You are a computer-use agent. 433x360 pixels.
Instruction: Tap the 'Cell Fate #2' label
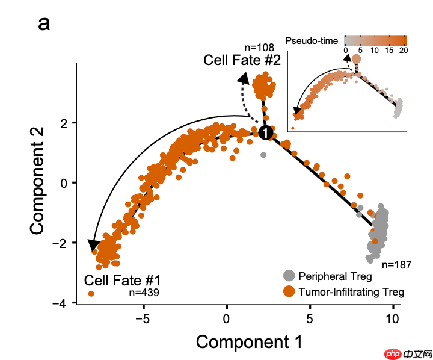tap(242, 60)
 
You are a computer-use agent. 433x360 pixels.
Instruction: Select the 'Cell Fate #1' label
tap(122, 281)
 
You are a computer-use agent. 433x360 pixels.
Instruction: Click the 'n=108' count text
tap(260, 48)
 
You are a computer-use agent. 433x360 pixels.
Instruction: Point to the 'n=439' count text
tap(144, 293)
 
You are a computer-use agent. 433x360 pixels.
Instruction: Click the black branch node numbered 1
tap(266, 132)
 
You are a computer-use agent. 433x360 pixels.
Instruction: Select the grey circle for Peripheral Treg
tap(289, 276)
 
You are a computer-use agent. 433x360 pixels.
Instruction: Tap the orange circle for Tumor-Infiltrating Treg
tap(289, 292)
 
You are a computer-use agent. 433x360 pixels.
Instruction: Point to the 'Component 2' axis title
tap(37, 183)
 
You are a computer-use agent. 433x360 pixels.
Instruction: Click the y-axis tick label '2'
tap(64, 123)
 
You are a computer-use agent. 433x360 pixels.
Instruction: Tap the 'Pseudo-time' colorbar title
tap(318, 41)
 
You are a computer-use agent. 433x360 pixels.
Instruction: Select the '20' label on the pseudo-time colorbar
tap(403, 52)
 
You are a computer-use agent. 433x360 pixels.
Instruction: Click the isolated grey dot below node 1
tap(263, 155)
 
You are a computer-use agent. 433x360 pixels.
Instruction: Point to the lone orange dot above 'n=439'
tap(91, 293)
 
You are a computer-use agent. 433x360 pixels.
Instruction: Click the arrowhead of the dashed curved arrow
tap(244, 77)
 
